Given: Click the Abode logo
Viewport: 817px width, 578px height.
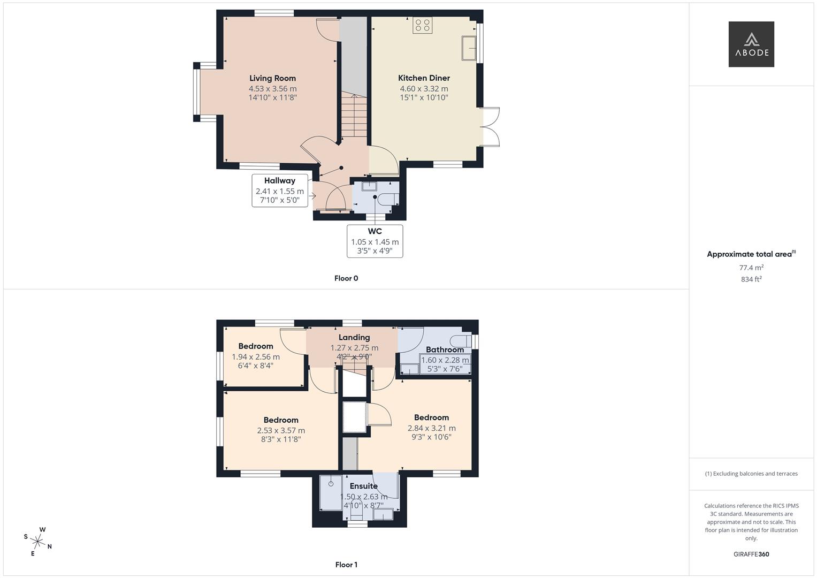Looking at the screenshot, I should [x=751, y=44].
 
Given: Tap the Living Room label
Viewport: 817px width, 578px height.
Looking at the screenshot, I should [x=272, y=78].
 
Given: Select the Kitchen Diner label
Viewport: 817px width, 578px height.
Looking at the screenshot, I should [x=424, y=78].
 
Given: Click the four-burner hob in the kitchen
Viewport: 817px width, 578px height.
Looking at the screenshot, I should [x=423, y=25].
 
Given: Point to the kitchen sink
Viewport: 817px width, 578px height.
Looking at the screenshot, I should [x=469, y=48].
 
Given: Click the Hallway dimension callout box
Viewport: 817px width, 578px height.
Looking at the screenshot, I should [x=280, y=191].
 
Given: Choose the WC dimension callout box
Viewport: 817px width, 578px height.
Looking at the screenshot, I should [x=375, y=241].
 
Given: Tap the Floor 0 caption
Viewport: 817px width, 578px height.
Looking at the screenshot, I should [x=346, y=278].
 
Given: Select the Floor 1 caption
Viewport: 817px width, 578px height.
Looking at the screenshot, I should [x=346, y=565].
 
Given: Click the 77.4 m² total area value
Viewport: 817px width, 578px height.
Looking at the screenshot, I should [x=751, y=268].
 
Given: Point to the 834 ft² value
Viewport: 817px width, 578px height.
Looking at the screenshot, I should [x=751, y=279].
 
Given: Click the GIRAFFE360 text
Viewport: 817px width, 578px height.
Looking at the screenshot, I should [x=751, y=554].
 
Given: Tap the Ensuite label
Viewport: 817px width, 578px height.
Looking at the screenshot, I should [x=364, y=486].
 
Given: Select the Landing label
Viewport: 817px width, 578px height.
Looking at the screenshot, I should [x=354, y=338].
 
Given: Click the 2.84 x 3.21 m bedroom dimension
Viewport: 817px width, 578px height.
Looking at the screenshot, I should [x=432, y=428].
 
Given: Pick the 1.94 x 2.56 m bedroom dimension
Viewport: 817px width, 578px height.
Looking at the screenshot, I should [x=256, y=357].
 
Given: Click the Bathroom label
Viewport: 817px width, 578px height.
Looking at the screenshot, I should [x=445, y=349].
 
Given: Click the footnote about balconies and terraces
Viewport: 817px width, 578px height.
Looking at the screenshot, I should [x=751, y=474].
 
